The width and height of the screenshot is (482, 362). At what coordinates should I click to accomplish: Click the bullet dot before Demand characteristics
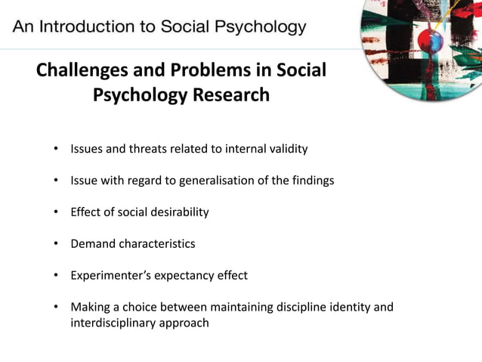tap(56, 244)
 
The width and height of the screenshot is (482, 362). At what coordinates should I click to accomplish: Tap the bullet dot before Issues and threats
tap(56, 149)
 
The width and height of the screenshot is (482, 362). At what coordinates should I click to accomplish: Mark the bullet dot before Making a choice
tap(56, 308)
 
